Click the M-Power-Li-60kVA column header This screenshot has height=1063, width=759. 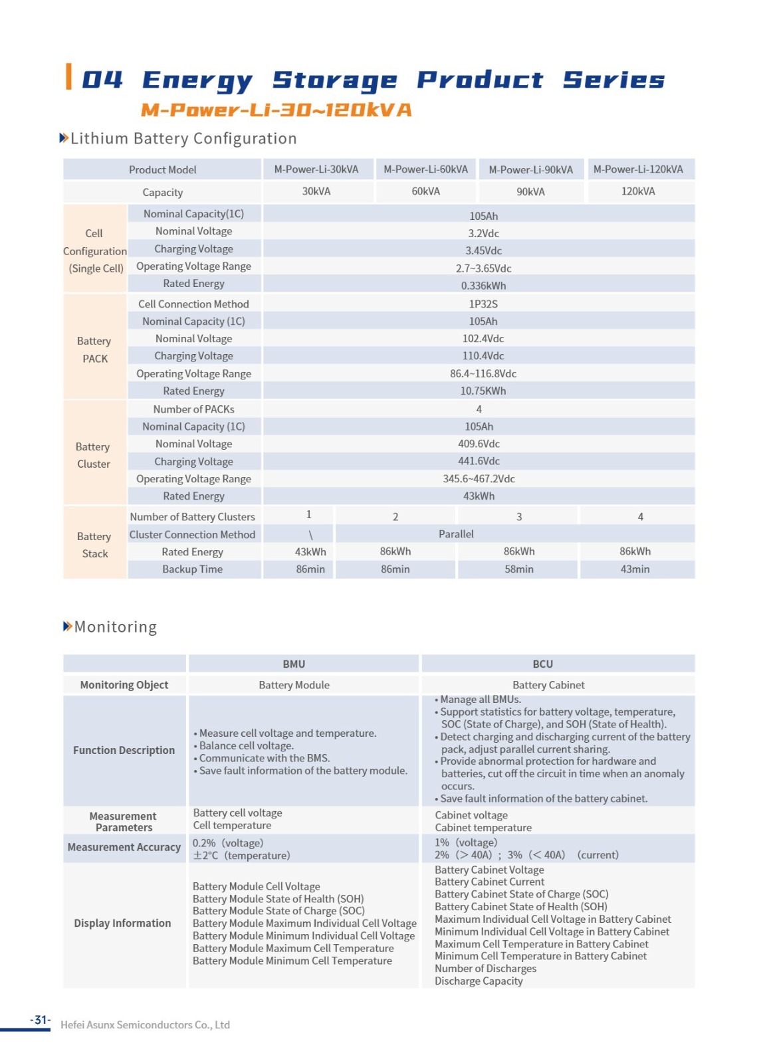[x=425, y=169]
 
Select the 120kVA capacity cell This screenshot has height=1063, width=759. [x=638, y=191]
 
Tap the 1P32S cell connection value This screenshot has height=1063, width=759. [x=483, y=304]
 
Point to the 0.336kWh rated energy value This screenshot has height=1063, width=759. [x=483, y=286]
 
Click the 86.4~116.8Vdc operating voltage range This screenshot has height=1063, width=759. [x=483, y=373]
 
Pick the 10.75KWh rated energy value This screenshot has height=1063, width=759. [x=483, y=391]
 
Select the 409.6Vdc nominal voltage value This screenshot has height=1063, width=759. [x=479, y=444]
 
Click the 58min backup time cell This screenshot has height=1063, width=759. [x=519, y=569]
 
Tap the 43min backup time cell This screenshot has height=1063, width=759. [x=635, y=569]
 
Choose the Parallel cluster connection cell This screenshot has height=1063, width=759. [x=456, y=534]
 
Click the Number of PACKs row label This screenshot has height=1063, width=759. [x=193, y=409]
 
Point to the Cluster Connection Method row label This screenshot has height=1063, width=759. [x=192, y=534]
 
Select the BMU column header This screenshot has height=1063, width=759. [x=294, y=664]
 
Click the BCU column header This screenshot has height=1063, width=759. [x=542, y=664]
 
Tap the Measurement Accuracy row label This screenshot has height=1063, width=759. [x=124, y=847]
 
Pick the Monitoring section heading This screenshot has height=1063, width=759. [x=115, y=627]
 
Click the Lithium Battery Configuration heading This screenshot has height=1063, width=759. [x=183, y=138]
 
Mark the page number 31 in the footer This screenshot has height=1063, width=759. [x=41, y=1020]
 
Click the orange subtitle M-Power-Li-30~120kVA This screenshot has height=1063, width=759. [x=276, y=110]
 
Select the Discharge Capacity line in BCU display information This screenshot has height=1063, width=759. [x=479, y=981]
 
